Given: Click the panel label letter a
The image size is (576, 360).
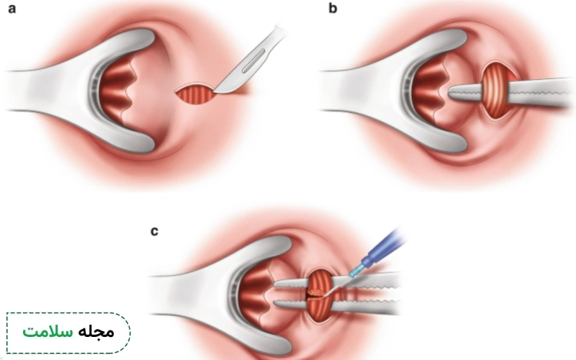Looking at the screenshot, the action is click(12, 9).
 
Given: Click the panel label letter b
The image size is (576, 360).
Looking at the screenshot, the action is click(333, 8).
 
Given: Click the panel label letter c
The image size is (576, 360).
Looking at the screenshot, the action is click(154, 231).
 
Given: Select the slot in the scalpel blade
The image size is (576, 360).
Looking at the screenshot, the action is click(253, 60).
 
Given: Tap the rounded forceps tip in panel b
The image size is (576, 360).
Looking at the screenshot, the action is click(452, 93).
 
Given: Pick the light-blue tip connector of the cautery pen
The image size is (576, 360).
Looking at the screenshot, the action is click(356, 272).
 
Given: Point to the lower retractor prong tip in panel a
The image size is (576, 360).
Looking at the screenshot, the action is click(150, 146).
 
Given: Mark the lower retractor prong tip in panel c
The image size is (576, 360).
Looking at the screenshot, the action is click(287, 348).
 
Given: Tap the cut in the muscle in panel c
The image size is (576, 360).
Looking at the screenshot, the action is click(316, 294).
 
